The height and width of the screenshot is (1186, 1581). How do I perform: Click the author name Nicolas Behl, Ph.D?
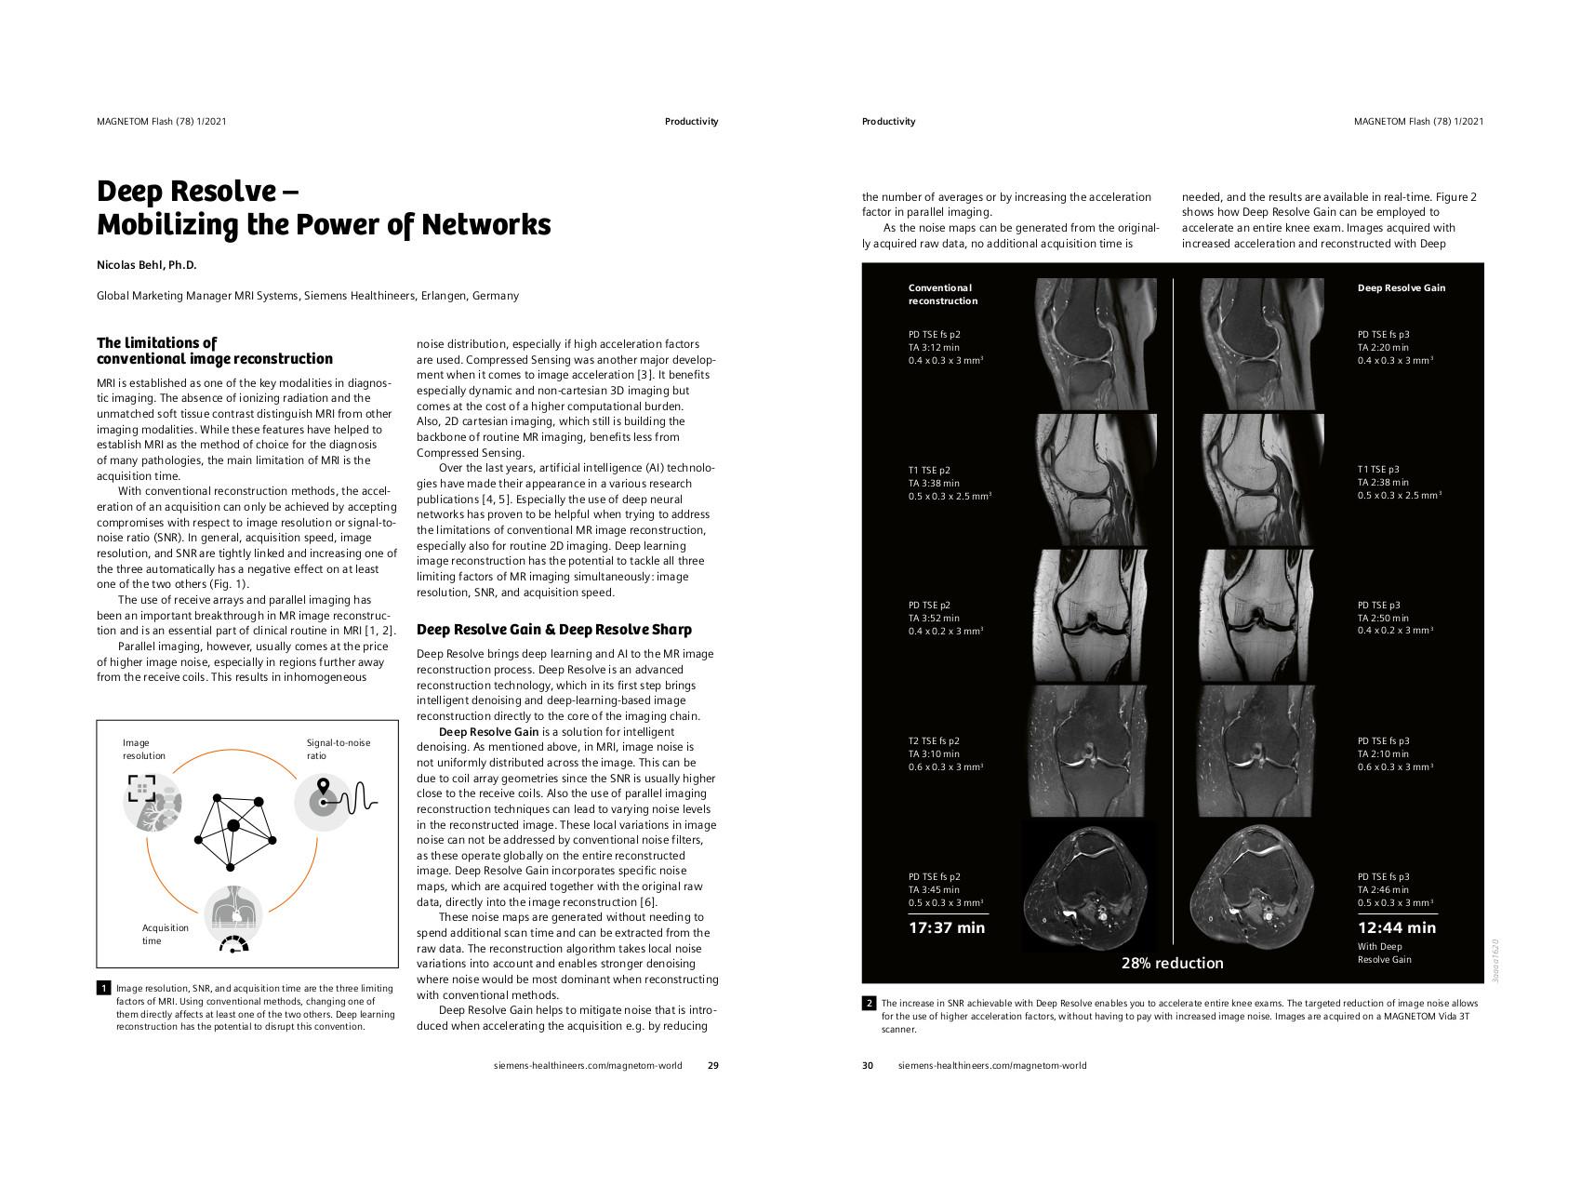coord(147,265)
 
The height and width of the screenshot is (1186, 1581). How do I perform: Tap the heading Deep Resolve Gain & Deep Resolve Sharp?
coord(553,630)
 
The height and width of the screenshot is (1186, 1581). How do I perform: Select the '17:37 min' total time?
coord(946,927)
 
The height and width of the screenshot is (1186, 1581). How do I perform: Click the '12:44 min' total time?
coord(1396,927)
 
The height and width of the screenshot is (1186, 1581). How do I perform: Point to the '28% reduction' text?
coord(1172,964)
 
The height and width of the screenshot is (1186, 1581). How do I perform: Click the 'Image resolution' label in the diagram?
coord(143,749)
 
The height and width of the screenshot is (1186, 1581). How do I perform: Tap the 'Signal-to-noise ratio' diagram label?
coord(338,749)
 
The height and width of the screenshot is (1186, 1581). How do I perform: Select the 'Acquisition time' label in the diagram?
coord(165,934)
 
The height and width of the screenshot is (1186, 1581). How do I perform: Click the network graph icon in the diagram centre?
coord(232,825)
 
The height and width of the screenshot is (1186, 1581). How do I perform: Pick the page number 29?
coord(712,1066)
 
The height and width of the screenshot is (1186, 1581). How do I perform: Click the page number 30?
coord(868,1066)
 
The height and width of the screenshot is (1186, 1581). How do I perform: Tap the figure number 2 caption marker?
coord(869,1004)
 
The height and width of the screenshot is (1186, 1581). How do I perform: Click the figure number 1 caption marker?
coord(103,988)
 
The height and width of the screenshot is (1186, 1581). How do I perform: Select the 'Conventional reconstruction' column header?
coord(942,294)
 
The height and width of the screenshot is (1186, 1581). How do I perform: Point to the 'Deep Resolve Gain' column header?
coord(1401,288)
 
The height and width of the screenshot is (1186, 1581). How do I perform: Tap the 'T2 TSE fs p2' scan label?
coord(934,741)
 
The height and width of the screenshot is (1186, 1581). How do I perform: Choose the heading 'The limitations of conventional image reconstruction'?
coord(214,351)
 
